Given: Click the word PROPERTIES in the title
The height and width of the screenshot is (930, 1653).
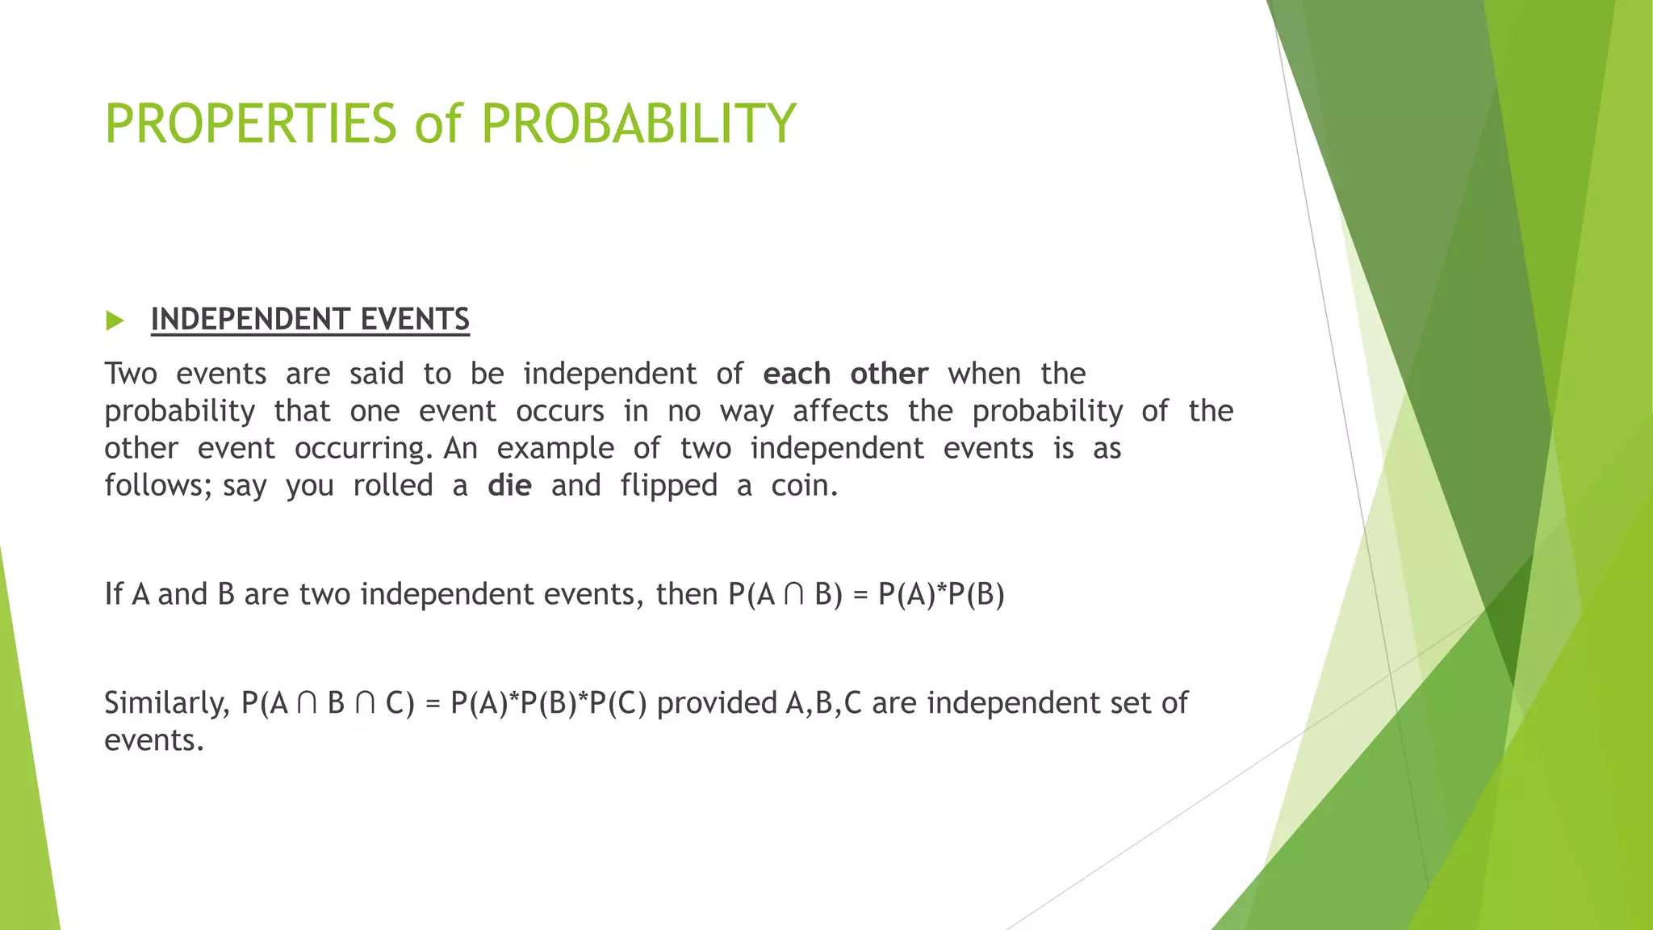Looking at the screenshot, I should (x=250, y=124).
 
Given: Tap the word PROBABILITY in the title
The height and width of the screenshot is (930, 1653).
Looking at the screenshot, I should (x=638, y=124).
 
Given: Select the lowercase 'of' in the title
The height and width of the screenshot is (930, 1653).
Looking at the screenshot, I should (x=438, y=124).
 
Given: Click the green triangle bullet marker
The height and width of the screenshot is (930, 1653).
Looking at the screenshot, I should (x=115, y=320).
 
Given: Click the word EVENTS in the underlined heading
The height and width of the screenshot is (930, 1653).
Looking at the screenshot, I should (x=415, y=320).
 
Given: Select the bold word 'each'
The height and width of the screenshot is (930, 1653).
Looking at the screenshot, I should (x=797, y=375).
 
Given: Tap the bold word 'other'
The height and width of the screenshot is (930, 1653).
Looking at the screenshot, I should (x=889, y=375).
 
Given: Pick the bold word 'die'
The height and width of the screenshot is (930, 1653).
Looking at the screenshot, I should (x=509, y=486).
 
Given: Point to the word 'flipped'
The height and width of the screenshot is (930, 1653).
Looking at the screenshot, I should (x=668, y=486).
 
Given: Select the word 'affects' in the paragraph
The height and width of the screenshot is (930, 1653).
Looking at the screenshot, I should (x=840, y=412).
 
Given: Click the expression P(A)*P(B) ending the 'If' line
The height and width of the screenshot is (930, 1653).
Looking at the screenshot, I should (x=941, y=595).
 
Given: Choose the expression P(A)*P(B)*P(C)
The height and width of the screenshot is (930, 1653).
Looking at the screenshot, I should (x=549, y=704).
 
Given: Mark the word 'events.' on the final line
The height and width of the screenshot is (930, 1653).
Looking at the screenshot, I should (x=154, y=740).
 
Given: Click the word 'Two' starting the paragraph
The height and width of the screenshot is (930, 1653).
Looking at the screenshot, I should (x=131, y=375).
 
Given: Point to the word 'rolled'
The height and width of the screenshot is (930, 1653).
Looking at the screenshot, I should (x=393, y=486).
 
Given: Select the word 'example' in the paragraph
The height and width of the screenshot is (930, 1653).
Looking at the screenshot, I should (x=555, y=449).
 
